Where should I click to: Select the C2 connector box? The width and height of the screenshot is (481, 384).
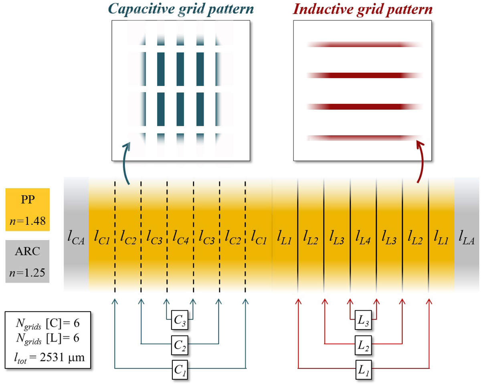pos(180,344)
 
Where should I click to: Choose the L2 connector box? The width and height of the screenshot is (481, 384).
pos(363,344)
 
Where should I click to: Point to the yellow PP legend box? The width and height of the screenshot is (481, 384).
pos(27,210)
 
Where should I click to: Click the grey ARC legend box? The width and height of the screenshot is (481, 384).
pos(27,261)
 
